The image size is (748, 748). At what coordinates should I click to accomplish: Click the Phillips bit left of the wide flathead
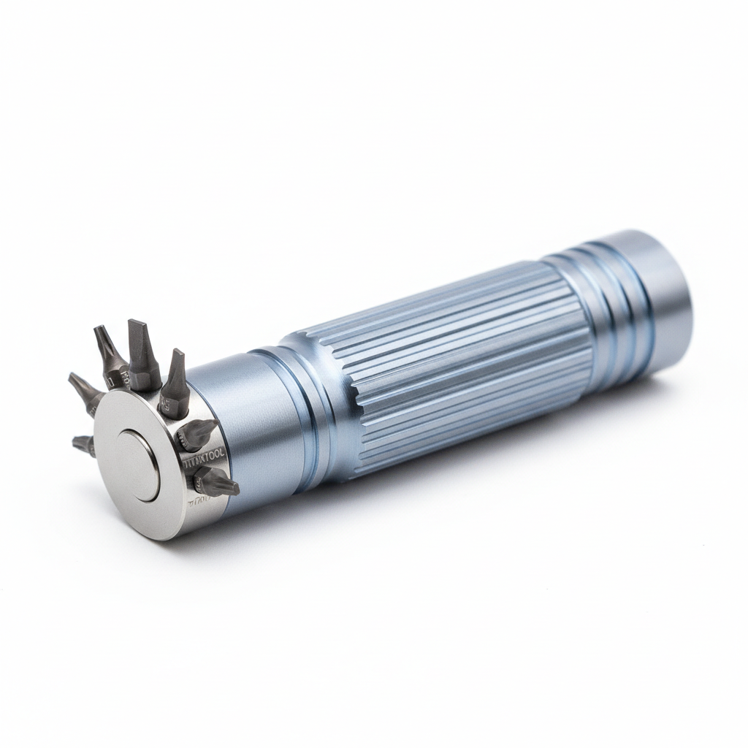pos(110,354)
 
